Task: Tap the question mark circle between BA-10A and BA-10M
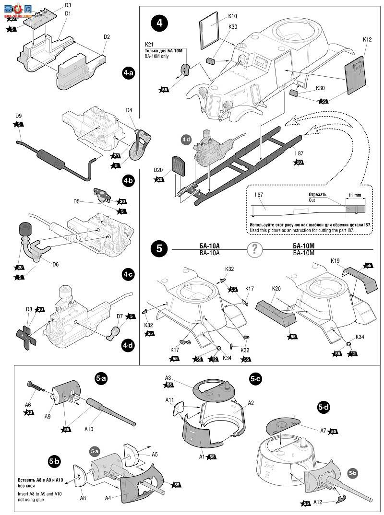click(255, 249)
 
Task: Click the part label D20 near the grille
click(159, 170)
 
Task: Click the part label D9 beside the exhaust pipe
click(19, 116)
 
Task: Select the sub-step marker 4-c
click(128, 274)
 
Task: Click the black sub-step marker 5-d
click(324, 408)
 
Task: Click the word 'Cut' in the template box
click(312, 201)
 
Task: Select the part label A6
click(28, 404)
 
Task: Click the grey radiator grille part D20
click(177, 166)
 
